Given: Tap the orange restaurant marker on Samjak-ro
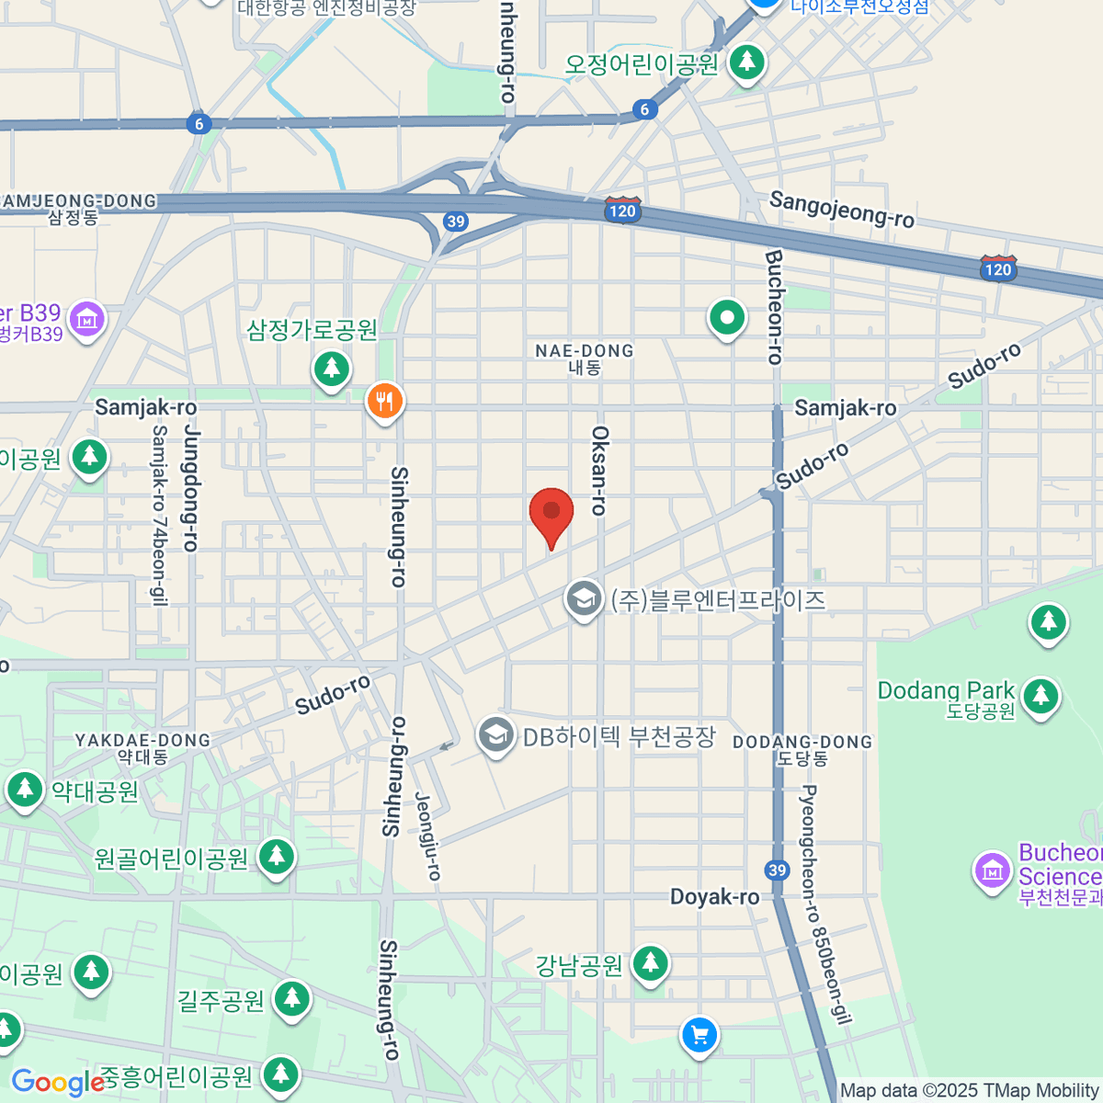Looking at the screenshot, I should tap(385, 402).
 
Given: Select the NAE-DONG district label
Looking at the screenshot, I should tap(585, 358).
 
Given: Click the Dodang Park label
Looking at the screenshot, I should tap(946, 691).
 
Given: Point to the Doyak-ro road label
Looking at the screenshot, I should tap(714, 896).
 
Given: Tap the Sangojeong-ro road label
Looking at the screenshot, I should tap(841, 209).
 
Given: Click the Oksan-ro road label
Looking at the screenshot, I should tap(599, 470).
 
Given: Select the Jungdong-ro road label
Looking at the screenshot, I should tap(191, 487).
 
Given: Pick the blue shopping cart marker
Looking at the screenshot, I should tap(699, 1036).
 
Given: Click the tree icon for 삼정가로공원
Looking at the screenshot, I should tap(332, 370).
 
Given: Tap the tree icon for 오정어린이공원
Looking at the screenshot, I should tap(746, 63).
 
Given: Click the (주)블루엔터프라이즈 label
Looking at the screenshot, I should tap(718, 600).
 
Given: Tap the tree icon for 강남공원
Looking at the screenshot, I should tap(651, 963).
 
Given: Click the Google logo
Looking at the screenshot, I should tap(57, 1082).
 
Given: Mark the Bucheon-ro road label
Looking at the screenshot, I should tap(773, 307).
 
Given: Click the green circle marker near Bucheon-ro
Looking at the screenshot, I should tap(727, 319).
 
